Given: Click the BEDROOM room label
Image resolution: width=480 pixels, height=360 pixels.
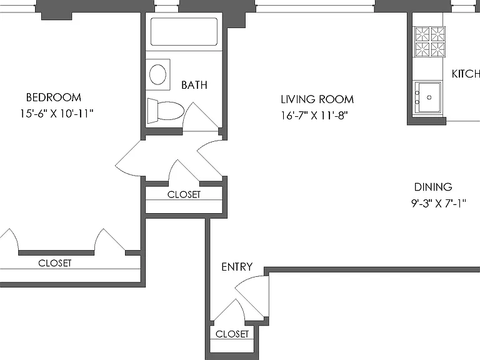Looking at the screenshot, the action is tap(54, 97).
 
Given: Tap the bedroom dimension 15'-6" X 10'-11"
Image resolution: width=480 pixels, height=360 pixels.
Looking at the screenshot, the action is tap(57, 114).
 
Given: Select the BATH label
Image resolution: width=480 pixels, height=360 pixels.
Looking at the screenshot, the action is tap(194, 85).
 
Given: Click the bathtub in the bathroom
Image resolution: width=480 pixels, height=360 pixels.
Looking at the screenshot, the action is tap(184, 32).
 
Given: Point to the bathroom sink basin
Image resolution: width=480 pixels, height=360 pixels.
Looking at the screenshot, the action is tap(157, 74).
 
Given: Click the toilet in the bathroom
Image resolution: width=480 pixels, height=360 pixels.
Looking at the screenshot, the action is tap(165, 111).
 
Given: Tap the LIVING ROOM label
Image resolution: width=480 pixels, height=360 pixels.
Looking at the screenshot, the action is tap(317, 99).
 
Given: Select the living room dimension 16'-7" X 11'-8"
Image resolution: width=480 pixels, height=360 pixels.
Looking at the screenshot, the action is tap(314, 116).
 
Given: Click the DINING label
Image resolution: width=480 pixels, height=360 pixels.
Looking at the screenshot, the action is tap(433, 187).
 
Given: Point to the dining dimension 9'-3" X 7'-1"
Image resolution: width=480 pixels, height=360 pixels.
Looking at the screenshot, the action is tap(438, 203).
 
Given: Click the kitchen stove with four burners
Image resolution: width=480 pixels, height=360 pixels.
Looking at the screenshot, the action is tap(429, 42).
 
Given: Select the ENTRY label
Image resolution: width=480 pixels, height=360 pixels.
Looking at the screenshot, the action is tap(237, 267).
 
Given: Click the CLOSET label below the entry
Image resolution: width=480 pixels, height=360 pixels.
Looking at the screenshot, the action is tap(232, 334).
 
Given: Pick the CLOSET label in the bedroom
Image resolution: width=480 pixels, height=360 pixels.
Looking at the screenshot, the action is tap(55, 263).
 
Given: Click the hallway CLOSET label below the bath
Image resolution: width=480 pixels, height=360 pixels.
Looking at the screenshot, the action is tap(184, 194).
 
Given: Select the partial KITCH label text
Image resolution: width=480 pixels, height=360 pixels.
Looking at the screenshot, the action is tap(466, 74).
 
